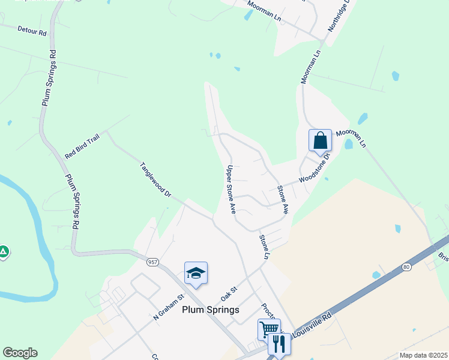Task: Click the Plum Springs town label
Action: click(x=210, y=310)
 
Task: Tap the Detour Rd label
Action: click(x=32, y=30)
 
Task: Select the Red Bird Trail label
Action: click(x=82, y=147)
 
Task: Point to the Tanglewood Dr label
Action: click(x=155, y=180)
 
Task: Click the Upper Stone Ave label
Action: click(x=230, y=189)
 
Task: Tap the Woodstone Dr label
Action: click(x=315, y=168)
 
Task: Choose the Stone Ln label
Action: click(x=264, y=247)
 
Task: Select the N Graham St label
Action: click(x=168, y=307)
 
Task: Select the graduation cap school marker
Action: click(x=196, y=274)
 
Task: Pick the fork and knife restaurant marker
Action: click(x=280, y=344)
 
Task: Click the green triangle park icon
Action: click(x=4, y=252)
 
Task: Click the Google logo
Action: click(x=20, y=353)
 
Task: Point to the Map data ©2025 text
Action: click(x=423, y=355)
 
